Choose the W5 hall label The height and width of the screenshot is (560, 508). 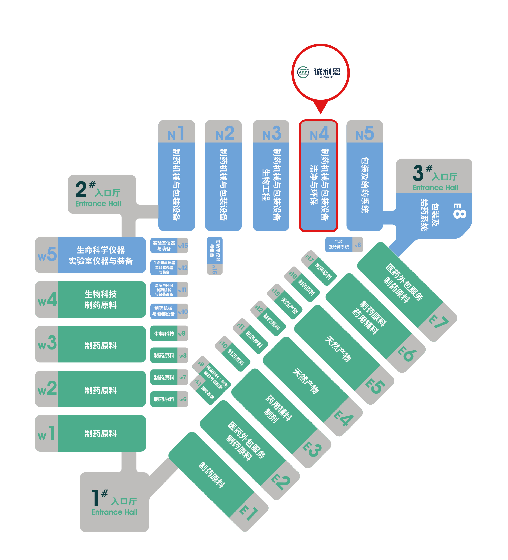tap(47, 254)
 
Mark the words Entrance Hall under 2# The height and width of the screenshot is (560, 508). tap(98, 204)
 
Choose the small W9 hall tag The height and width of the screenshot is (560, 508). tap(182, 334)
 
